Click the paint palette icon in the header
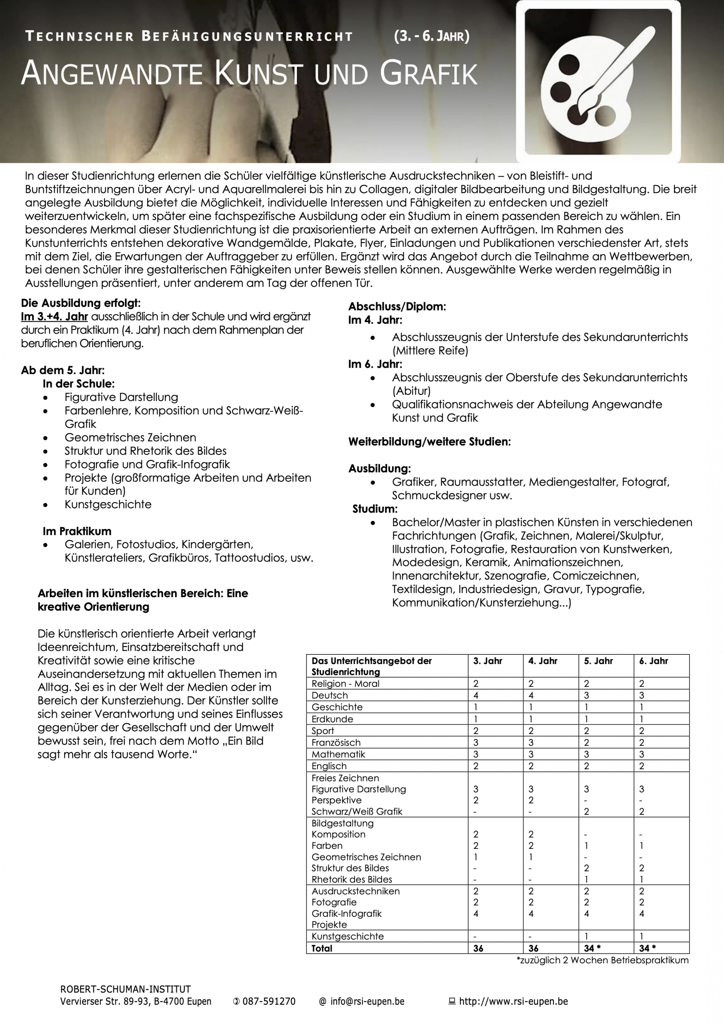[598, 80]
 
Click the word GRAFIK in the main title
[428, 74]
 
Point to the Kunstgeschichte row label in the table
[348, 936]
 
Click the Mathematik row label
[338, 754]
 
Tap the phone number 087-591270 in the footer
[268, 1001]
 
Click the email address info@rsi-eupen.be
[367, 1001]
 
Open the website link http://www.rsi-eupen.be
[513, 1001]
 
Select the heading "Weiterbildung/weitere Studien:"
[429, 442]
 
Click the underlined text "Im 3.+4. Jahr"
[54, 317]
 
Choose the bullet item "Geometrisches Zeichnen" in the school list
[130, 438]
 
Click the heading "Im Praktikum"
[77, 531]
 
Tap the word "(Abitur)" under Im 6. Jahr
[411, 391]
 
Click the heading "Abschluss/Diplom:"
[397, 306]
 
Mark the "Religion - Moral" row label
[345, 683]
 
